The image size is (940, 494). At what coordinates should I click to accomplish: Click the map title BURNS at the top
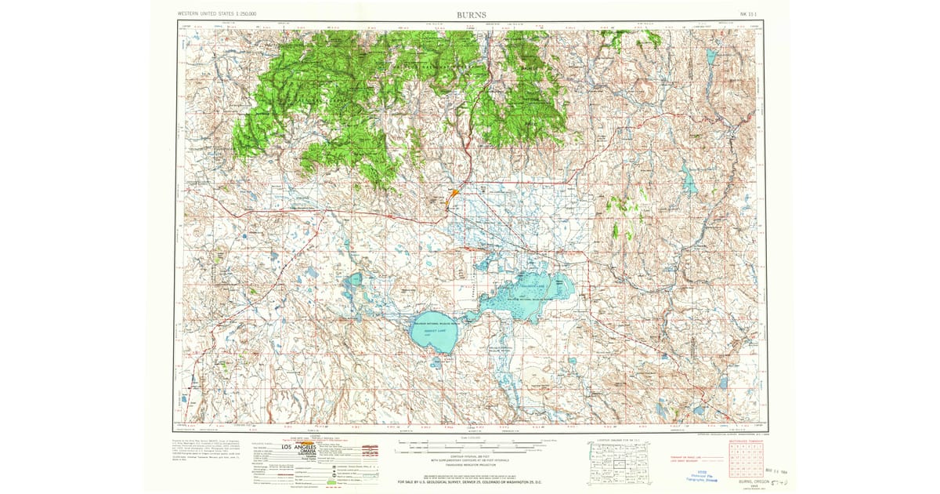click(470, 14)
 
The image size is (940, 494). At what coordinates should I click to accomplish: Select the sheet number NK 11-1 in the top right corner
click(748, 14)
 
